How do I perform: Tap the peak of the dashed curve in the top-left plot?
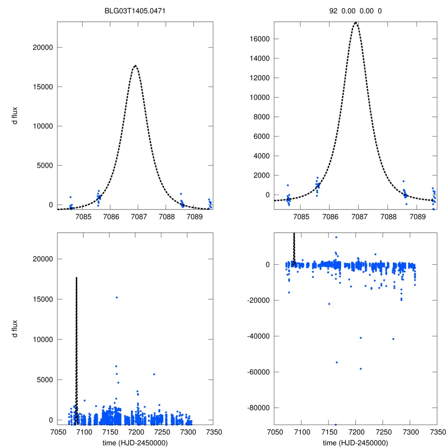point(135,66)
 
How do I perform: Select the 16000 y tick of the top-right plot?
point(259,39)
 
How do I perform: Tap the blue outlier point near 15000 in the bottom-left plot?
point(116,297)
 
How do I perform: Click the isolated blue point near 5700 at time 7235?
point(154,374)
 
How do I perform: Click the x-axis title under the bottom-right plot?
point(356,442)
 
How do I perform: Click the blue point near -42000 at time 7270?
point(393,339)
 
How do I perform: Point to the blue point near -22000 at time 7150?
point(329,304)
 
